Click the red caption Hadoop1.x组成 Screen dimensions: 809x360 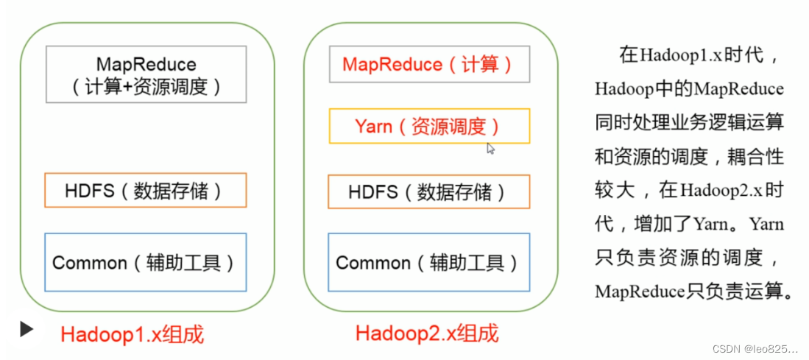133,335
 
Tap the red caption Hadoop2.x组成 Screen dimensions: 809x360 427,333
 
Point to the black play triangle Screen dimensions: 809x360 27,329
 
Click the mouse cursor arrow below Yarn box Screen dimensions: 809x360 491,149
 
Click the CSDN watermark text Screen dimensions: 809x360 755,349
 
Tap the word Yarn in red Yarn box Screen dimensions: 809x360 373,126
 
